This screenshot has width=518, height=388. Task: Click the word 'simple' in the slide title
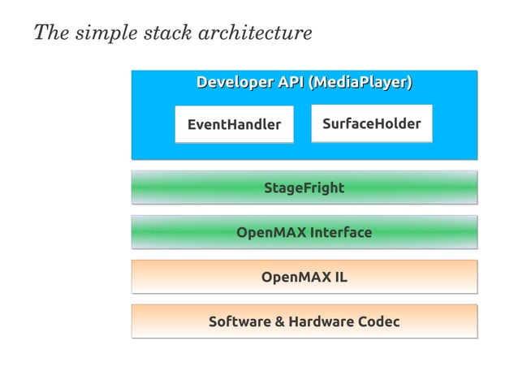pos(101,34)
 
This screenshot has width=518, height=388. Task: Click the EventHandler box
pos(234,125)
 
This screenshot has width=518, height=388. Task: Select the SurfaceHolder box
pos(371,124)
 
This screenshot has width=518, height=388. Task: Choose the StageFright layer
pos(304,188)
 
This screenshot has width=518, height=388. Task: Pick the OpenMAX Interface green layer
pos(304,233)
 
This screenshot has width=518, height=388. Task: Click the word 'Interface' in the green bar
pos(341,233)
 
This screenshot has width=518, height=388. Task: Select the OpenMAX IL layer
pos(304,278)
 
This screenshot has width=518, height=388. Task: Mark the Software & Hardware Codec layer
pos(304,322)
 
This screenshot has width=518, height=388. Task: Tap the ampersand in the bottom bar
pos(279,322)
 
